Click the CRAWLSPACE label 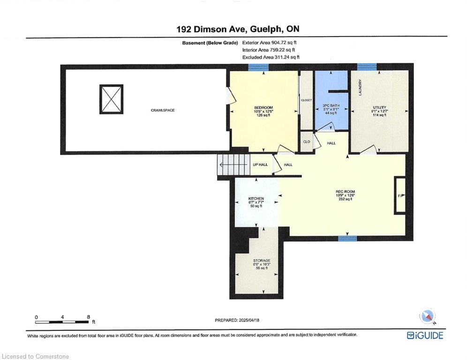click(163, 110)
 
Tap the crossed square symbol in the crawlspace click(111, 99)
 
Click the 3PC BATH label click(331, 105)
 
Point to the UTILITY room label click(379, 107)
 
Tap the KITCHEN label click(256, 199)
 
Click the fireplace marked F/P click(400, 195)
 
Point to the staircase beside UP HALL click(233, 165)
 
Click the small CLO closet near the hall click(307, 142)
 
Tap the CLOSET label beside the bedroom click(306, 100)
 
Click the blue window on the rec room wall click(347, 239)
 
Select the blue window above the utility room click(367, 67)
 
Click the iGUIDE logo click(425, 335)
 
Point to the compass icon click(427, 316)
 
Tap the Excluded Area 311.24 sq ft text click(271, 57)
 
